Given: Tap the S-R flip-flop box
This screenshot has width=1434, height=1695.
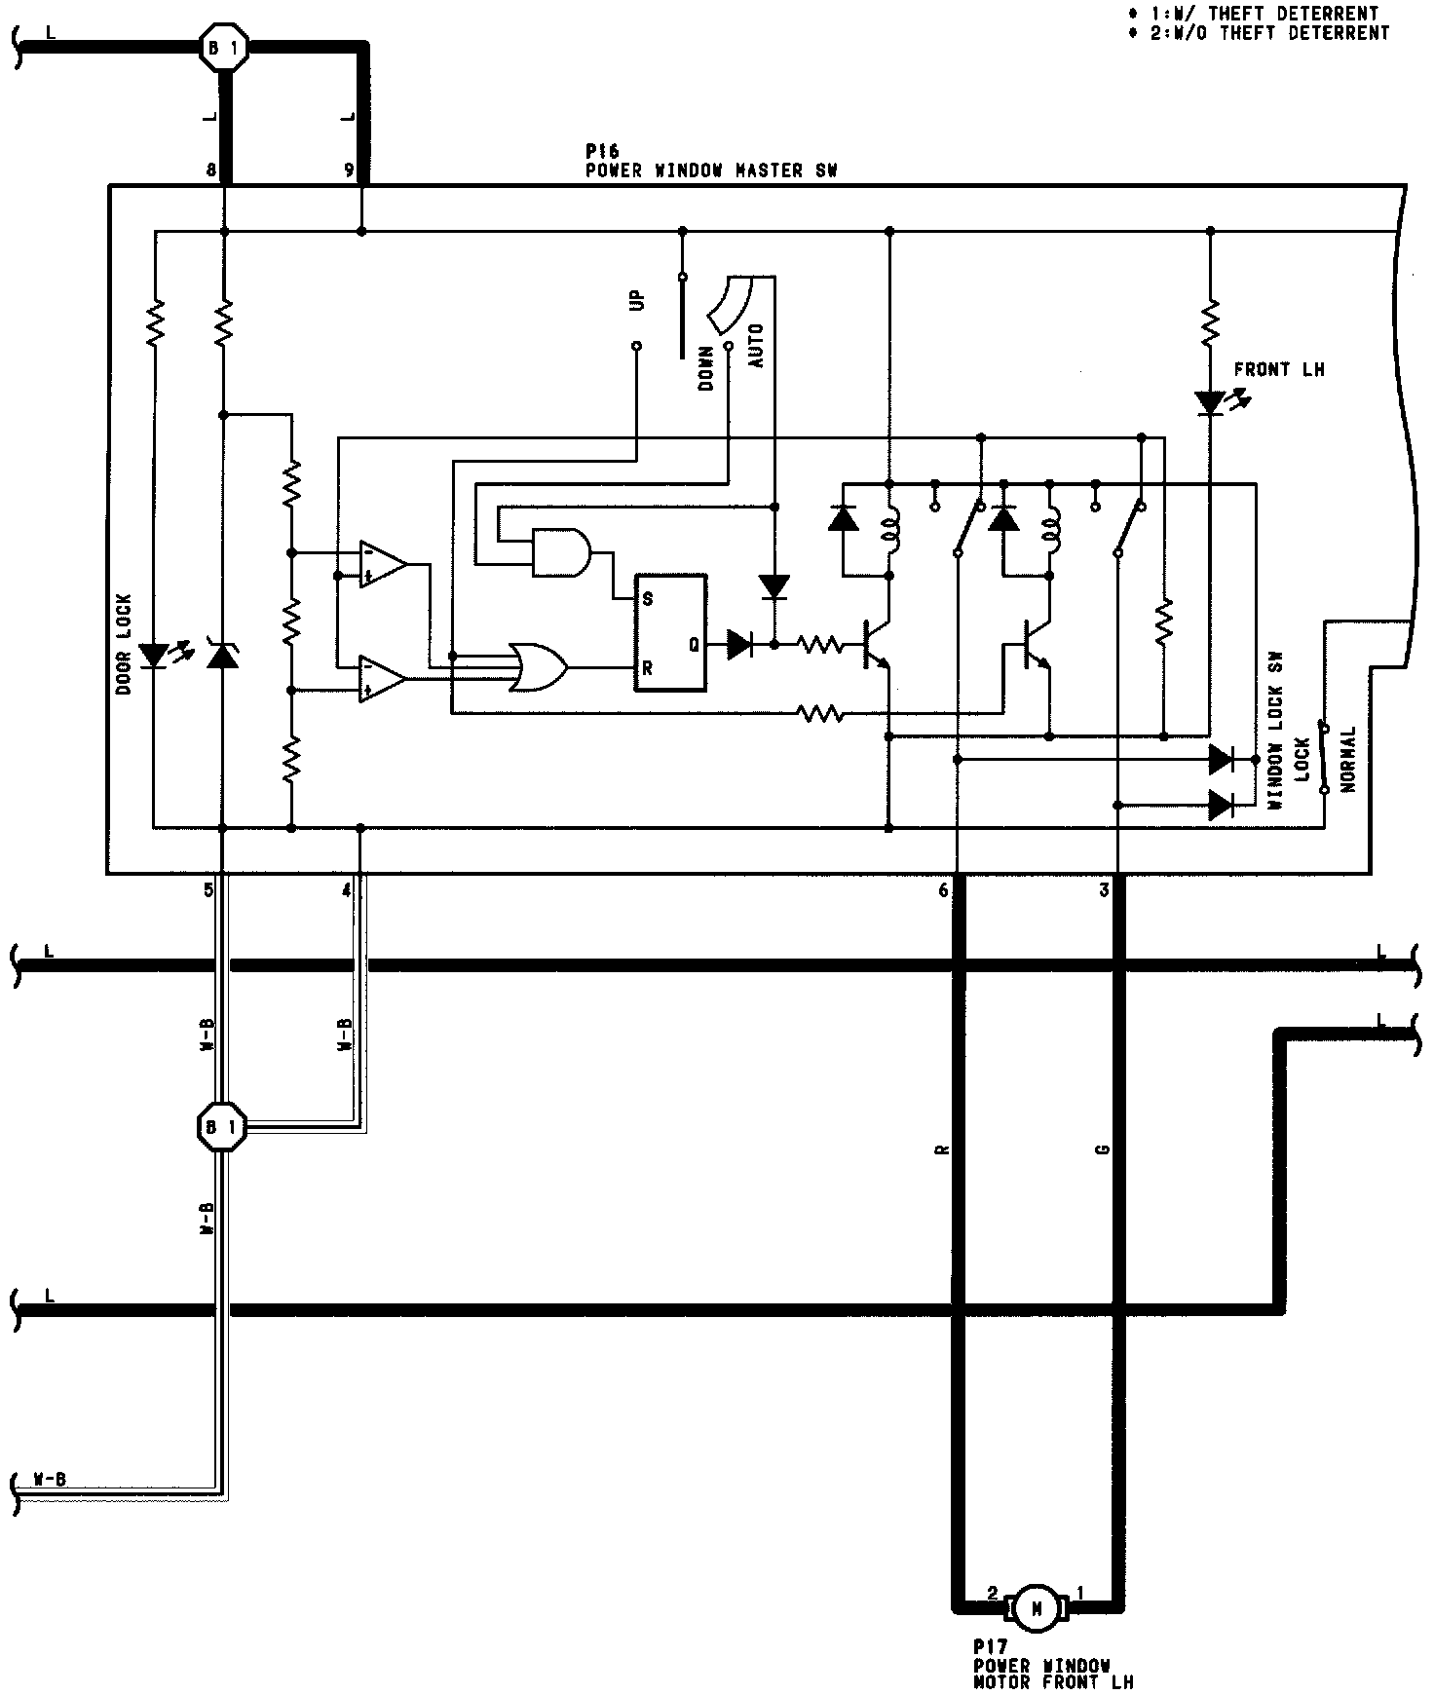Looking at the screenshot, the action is (x=670, y=633).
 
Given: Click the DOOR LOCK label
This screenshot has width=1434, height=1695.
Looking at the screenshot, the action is (x=125, y=644).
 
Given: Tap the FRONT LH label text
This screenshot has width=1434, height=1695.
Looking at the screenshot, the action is (x=1278, y=370).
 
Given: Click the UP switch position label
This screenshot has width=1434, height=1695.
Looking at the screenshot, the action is (x=637, y=300).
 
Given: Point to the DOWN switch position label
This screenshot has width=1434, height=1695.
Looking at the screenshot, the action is (x=706, y=367).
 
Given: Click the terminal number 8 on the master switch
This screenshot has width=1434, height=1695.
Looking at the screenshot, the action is (x=210, y=169).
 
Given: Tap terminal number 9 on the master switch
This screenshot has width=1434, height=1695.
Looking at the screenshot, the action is (x=349, y=169).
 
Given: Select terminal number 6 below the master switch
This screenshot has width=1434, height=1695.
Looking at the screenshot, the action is (x=943, y=890).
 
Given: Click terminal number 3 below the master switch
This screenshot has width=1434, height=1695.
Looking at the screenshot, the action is (x=1104, y=890).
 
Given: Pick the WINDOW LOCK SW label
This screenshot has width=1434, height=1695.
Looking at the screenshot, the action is (x=1275, y=747).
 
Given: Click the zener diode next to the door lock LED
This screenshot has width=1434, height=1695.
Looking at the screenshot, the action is (x=223, y=655).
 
